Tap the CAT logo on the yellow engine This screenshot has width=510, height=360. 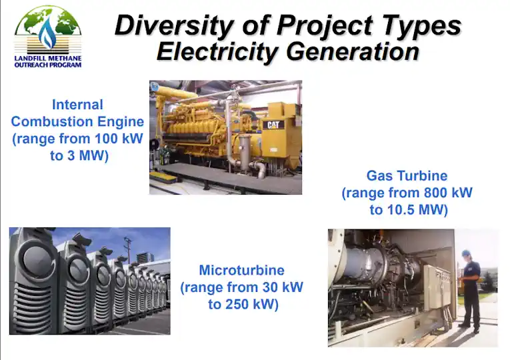[274, 124]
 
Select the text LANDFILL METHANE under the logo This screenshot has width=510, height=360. [47, 58]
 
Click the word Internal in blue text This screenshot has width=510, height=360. [77, 105]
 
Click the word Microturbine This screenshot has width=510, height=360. [241, 271]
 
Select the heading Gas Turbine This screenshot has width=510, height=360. [407, 176]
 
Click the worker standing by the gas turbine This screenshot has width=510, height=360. [471, 289]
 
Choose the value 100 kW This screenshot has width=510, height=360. [117, 139]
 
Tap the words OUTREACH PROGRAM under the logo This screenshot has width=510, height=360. [47, 65]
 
